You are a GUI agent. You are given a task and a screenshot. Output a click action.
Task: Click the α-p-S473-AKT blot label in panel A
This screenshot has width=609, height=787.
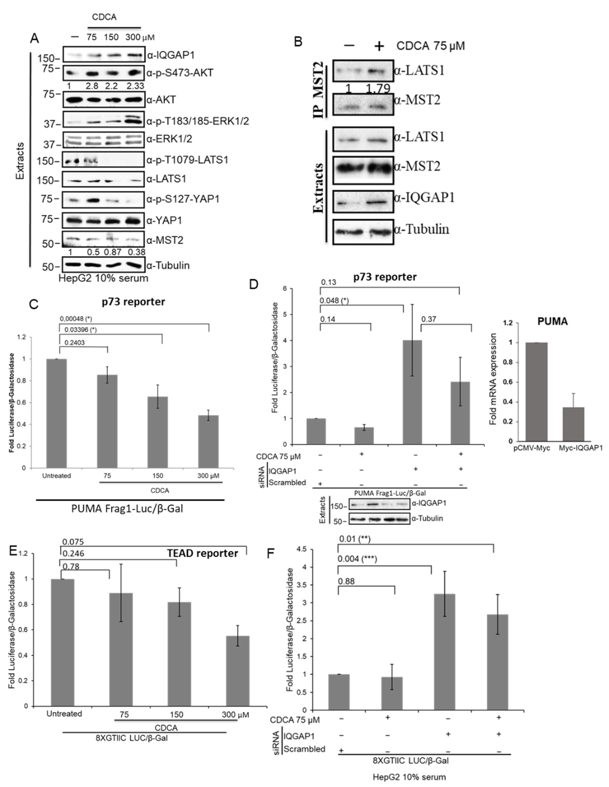180,73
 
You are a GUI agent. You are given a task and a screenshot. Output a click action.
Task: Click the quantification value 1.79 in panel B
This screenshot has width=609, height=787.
378,89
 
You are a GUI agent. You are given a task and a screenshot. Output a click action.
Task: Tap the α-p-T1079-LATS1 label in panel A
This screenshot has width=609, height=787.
187,160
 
